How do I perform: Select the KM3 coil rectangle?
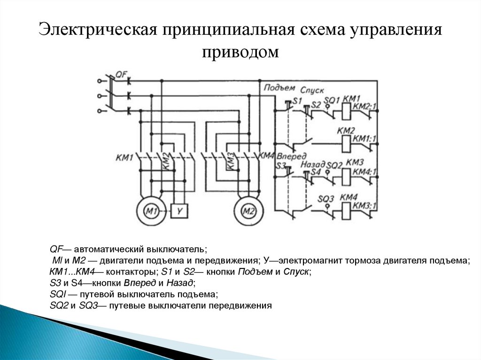(x=346, y=176)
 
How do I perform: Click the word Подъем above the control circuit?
(x=279, y=88)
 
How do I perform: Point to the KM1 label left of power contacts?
(x=124, y=157)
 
